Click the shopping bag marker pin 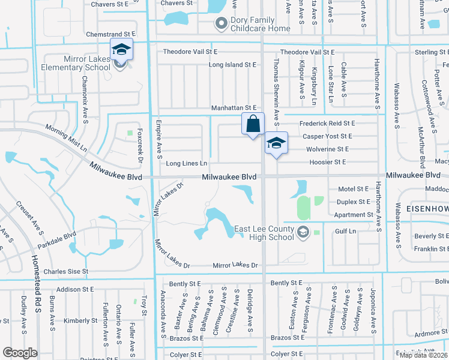(253, 124)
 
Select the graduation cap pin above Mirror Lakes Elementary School (121, 50)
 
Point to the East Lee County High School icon (303, 232)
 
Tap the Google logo (20, 353)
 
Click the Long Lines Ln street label (187, 163)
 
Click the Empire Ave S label (160, 142)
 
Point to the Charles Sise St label (66, 271)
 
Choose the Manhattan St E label (234, 108)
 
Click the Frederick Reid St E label (327, 123)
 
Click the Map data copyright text (423, 355)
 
